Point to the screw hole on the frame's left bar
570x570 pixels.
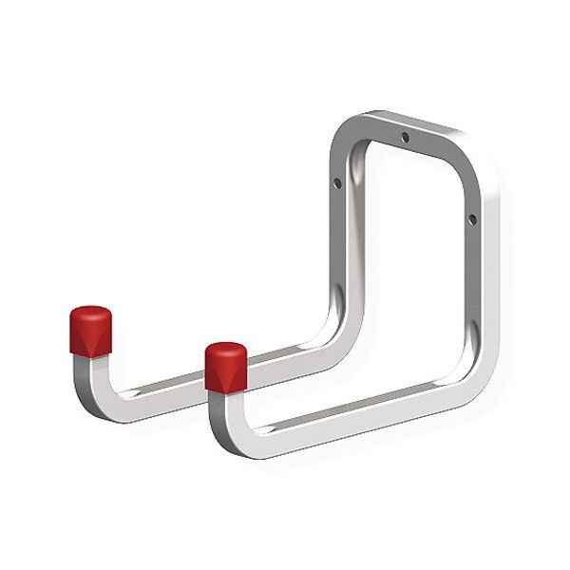point(337,184)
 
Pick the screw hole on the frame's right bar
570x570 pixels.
point(471,219)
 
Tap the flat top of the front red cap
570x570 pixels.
point(226,350)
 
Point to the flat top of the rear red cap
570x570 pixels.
point(90,313)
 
